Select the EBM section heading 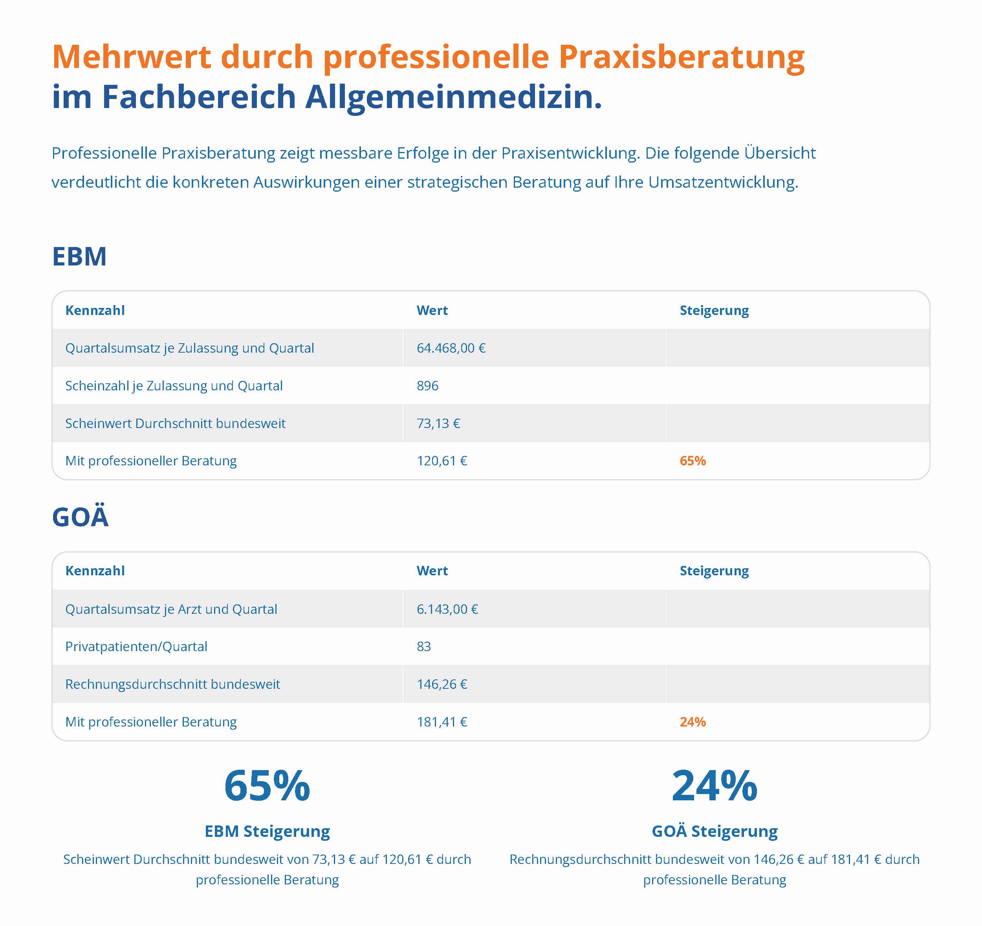79,256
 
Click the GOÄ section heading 80,517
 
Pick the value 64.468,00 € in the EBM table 451,348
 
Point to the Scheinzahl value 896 427,386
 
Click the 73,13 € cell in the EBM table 438,423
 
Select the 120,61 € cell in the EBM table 442,461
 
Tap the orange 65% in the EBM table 693,461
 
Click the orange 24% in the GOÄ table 693,722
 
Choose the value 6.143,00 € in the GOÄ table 447,609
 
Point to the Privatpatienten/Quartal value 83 424,646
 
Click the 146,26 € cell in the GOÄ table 442,684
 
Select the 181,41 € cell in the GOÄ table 442,722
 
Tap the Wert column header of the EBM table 432,310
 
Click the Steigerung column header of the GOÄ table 714,571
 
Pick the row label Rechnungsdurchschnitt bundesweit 172,684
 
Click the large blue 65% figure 267,786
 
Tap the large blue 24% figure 714,786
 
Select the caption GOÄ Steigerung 714,832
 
